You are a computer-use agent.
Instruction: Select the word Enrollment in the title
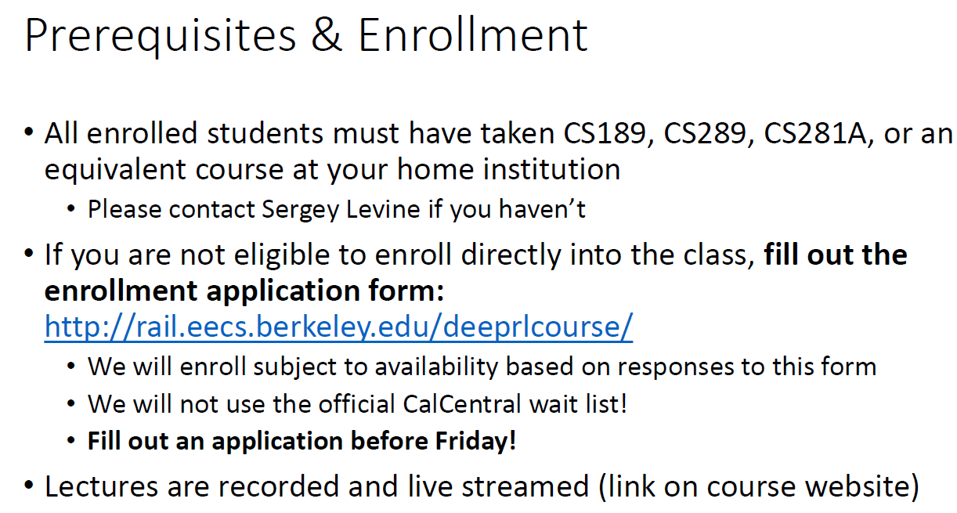[x=472, y=35]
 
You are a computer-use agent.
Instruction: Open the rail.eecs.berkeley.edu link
[x=338, y=327]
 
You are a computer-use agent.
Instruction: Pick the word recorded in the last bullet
[x=280, y=486]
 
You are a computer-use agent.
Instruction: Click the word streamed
[x=525, y=486]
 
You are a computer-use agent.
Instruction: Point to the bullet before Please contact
[x=73, y=210]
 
